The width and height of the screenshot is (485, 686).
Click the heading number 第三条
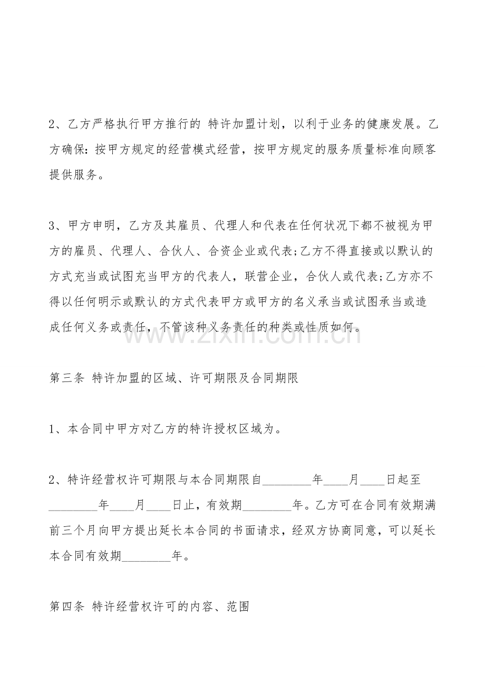point(66,378)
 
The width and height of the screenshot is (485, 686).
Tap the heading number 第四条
point(66,607)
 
